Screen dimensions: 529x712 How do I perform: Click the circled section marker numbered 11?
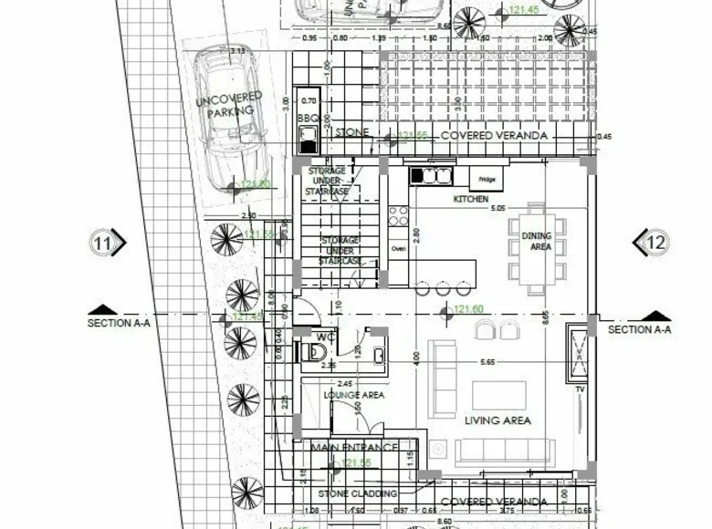coord(104,243)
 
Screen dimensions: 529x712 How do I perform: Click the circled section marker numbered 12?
coord(654,243)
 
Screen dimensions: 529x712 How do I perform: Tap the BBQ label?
coord(307,119)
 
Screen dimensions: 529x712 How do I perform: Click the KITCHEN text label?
coord(471,199)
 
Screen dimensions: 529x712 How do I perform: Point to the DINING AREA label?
coord(537,241)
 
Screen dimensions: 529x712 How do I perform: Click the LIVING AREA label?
coord(498,420)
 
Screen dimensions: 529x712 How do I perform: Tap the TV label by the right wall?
coord(579,389)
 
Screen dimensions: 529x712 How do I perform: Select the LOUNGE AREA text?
coord(354,395)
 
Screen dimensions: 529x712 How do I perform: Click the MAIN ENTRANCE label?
coord(354,448)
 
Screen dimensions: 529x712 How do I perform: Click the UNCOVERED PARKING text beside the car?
coord(229,104)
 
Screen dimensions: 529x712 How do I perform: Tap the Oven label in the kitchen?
coord(398,248)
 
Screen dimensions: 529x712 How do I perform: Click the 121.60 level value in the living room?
coord(467,310)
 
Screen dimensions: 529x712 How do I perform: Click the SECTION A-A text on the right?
coord(640,329)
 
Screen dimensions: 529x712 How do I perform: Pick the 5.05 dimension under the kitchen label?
coord(497,209)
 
